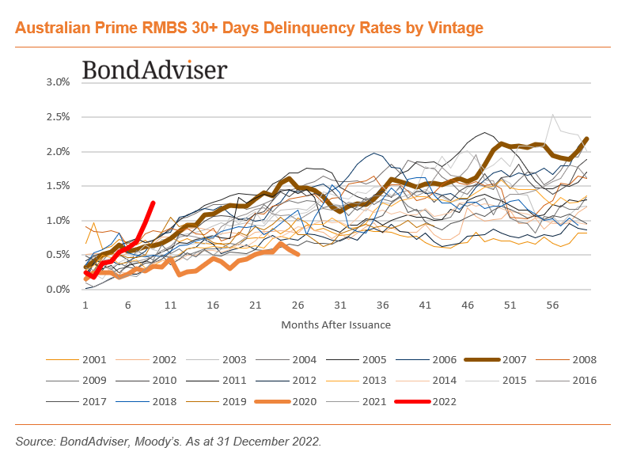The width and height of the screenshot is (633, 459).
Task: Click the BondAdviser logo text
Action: tap(154, 70)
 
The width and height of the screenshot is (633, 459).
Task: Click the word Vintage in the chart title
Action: tap(450, 28)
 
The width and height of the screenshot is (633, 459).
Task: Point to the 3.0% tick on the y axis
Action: tap(59, 82)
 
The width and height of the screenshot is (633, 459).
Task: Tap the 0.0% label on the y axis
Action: tap(59, 290)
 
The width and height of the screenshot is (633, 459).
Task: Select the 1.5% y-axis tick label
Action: tap(59, 186)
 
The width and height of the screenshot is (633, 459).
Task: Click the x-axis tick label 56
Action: tap(552, 305)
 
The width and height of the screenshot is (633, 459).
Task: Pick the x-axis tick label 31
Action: tap(340, 305)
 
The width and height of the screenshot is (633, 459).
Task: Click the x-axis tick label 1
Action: tap(85, 305)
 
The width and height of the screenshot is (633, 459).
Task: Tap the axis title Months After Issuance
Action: tap(335, 324)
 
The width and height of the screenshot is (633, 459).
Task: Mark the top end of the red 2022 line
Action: tap(153, 203)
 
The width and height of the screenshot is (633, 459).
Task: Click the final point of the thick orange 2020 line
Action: tap(298, 254)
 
